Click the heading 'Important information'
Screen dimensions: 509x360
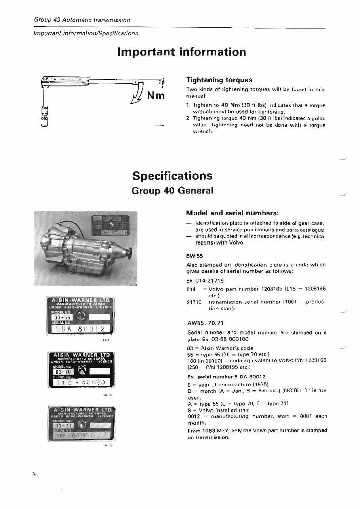coord(181,52)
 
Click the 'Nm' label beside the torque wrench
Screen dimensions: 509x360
coord(156,96)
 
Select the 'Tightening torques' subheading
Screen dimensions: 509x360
coord(219,80)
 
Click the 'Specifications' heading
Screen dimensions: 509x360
coord(172,176)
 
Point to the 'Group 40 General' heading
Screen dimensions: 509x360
coord(172,190)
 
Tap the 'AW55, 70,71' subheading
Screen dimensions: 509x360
coord(205,323)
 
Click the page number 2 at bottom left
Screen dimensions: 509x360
coord(35,474)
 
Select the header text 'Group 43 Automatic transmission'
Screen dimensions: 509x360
coord(82,20)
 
